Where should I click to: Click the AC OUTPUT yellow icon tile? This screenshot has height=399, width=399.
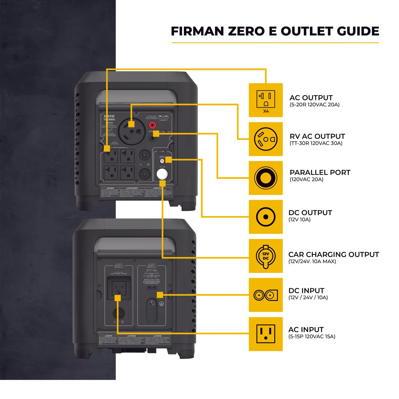click(266, 100)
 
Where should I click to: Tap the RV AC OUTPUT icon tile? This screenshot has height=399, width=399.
click(266, 139)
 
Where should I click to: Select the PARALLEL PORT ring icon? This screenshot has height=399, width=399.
click(266, 178)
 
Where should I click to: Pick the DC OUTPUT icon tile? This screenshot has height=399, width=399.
click(266, 217)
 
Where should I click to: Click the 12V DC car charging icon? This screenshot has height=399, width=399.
click(266, 256)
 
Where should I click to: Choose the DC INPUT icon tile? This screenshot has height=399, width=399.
click(266, 295)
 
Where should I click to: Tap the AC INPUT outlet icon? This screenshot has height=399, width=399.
click(266, 334)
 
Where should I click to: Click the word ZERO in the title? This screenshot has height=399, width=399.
click(251, 31)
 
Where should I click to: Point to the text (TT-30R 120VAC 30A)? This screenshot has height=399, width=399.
click(316, 143)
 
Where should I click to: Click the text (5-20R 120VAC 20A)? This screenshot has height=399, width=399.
click(315, 105)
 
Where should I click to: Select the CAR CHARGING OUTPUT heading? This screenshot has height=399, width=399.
click(333, 254)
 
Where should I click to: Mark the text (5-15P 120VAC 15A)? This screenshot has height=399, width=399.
click(312, 336)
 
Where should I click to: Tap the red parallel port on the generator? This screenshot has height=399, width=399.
click(152, 125)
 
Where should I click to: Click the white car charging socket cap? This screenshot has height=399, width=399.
click(162, 174)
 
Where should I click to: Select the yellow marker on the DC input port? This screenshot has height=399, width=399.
click(160, 295)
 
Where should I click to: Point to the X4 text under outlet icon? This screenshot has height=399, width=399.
click(266, 111)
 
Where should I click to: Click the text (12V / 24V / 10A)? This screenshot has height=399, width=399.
click(308, 298)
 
